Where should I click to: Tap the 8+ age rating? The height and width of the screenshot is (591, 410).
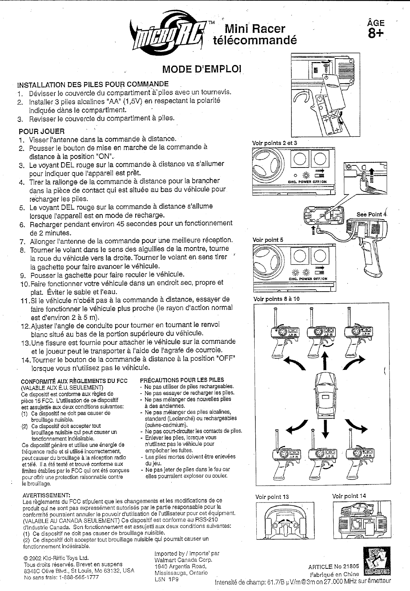pos(376,34)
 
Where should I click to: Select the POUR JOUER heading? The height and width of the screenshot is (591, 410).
pos(41,131)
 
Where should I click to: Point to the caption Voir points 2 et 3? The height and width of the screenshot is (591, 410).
pos(275,143)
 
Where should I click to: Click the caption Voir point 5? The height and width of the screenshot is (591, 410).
pos(268,240)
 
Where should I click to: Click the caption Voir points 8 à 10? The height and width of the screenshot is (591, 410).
pos(277,299)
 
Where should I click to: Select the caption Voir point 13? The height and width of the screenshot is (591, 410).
pos(272,497)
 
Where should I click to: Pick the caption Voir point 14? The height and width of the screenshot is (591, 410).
pos(349,496)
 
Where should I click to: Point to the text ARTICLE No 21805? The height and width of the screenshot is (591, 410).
pos(333,566)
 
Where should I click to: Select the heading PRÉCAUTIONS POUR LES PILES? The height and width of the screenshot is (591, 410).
pos(182,380)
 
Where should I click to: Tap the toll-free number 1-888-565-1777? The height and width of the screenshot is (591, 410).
pos(81,578)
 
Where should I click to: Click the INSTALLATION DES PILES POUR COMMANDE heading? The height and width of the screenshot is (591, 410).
pos(93,85)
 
